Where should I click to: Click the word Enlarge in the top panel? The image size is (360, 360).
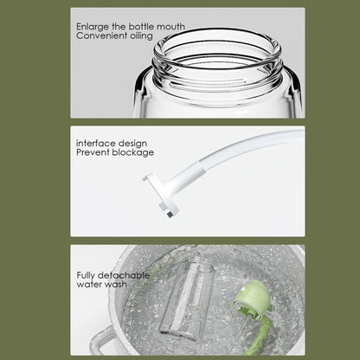tap(90, 28)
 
